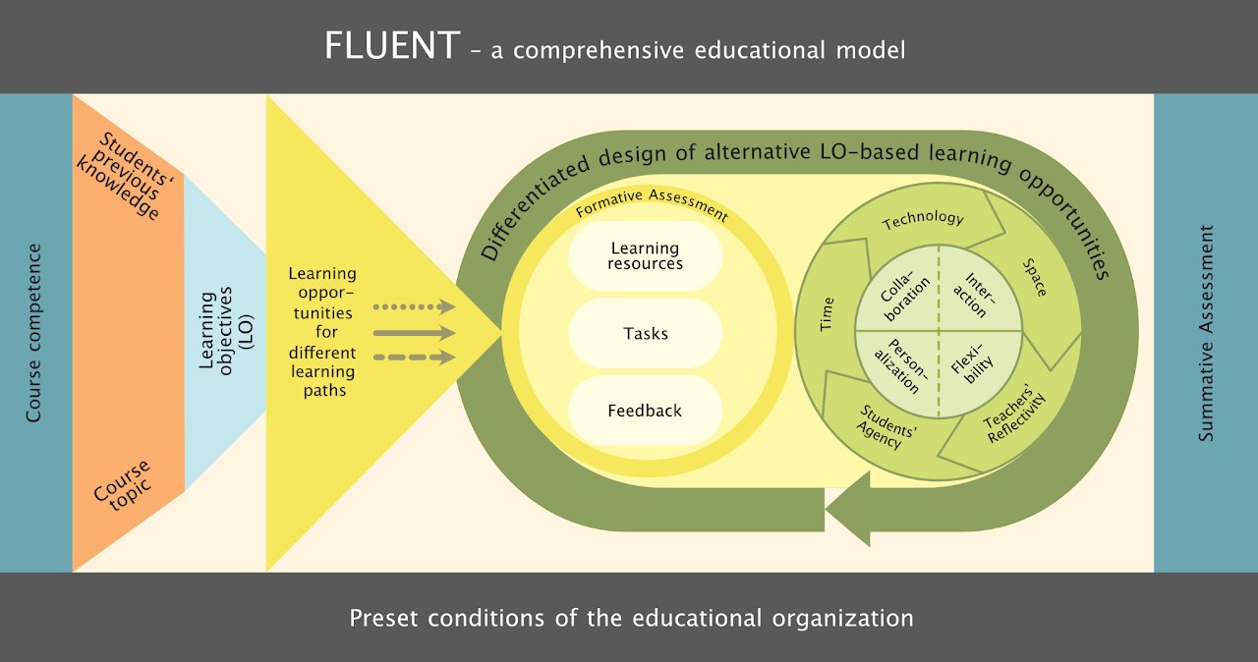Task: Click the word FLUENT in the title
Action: [x=391, y=46]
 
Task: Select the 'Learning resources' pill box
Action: [x=645, y=255]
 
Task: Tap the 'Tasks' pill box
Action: [x=645, y=333]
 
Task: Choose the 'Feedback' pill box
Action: [x=645, y=411]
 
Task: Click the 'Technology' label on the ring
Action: [x=923, y=220]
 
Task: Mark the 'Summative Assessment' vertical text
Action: [x=1206, y=333]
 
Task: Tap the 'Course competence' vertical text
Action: [x=34, y=333]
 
